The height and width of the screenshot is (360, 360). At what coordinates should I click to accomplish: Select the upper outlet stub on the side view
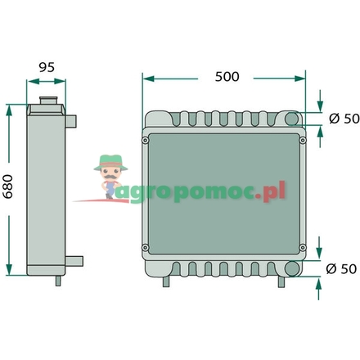tap(73, 122)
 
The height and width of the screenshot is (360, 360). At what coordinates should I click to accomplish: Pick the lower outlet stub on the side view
tap(74, 261)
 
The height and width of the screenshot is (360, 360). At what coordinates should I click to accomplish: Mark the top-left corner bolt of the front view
tap(146, 140)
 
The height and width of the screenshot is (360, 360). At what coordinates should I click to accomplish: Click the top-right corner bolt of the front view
tap(303, 140)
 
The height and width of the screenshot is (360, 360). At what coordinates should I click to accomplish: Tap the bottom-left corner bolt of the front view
tap(146, 248)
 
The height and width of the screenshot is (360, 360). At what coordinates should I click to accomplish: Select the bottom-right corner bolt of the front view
tap(303, 248)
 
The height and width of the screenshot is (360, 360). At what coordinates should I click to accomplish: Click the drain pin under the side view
tap(59, 281)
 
